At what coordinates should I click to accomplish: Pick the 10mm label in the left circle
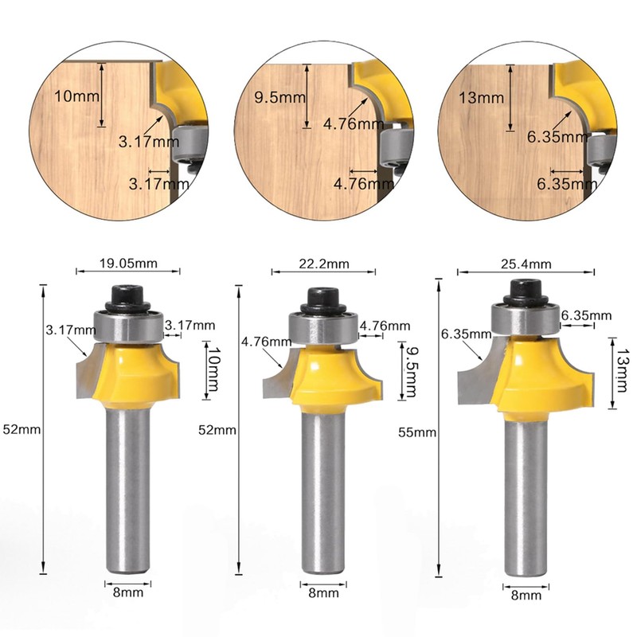point(72,96)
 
